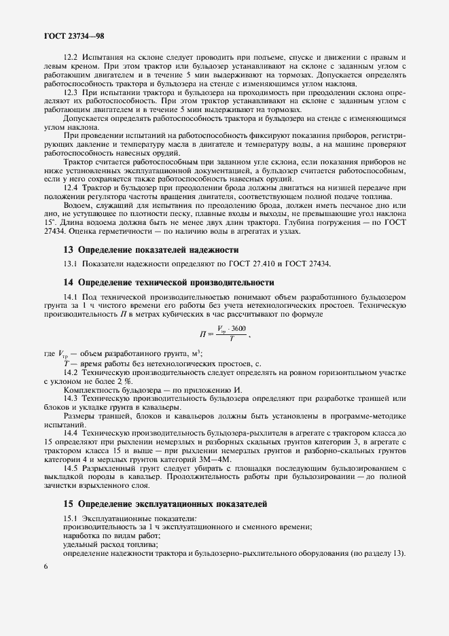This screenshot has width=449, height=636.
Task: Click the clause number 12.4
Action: point(72,186)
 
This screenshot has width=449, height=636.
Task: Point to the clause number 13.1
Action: point(72,264)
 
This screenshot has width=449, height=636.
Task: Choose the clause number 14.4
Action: point(72,432)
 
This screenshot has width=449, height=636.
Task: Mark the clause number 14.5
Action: point(72,468)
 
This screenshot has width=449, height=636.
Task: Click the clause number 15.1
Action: point(72,519)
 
